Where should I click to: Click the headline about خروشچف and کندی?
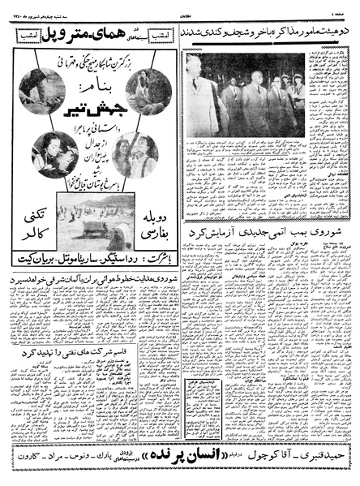point(267,33)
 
